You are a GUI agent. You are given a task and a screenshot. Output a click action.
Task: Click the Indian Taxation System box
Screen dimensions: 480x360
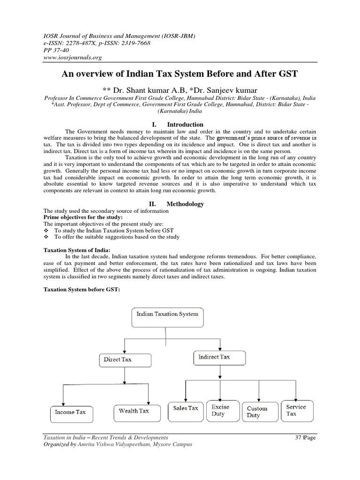(x=167, y=314)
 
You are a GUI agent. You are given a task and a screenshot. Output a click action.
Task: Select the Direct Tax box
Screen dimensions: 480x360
(x=125, y=360)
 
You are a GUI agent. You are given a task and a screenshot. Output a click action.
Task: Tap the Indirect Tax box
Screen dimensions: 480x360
(x=218, y=357)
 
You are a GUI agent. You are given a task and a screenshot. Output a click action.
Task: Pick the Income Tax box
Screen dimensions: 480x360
(x=71, y=412)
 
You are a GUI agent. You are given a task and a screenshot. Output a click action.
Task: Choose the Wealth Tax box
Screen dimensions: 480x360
(x=134, y=411)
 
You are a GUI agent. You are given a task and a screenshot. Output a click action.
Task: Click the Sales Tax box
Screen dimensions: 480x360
(x=186, y=409)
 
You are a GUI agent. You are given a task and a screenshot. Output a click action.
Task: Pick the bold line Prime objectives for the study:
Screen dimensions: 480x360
(x=83, y=217)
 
